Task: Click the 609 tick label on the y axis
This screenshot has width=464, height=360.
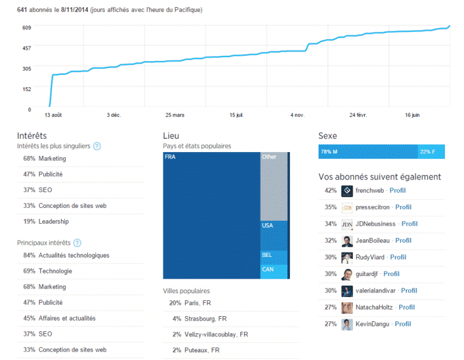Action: (x=26, y=27)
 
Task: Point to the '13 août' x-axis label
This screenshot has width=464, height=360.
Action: (x=53, y=115)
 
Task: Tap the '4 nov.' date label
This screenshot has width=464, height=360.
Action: (x=297, y=115)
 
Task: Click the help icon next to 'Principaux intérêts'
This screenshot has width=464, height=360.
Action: (x=77, y=243)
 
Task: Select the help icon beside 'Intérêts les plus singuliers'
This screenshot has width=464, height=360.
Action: (x=97, y=146)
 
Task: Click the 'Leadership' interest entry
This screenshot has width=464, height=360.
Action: (x=53, y=221)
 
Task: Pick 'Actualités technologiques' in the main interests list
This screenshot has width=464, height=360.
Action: (x=74, y=256)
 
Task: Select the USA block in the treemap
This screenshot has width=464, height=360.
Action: (x=273, y=235)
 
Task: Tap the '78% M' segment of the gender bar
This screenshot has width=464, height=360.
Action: (x=367, y=152)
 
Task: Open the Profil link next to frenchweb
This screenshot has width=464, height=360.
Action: (x=397, y=190)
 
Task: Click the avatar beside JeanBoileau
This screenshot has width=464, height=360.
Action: (x=347, y=241)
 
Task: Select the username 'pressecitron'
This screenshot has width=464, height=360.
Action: (x=373, y=207)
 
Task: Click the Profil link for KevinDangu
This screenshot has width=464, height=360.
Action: (x=402, y=324)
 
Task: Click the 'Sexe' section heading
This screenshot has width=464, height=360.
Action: (x=327, y=136)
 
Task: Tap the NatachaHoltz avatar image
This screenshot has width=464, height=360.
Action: (x=347, y=308)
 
